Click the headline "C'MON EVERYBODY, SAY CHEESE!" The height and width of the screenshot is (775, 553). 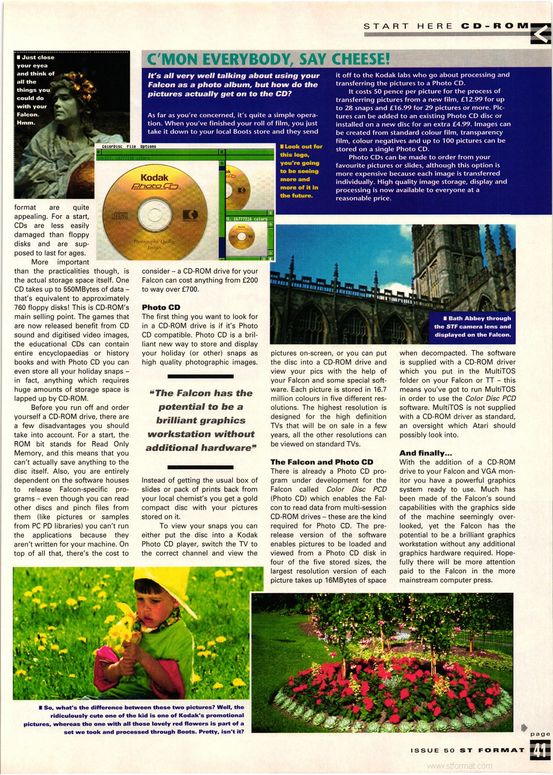pyautogui.click(x=268, y=59)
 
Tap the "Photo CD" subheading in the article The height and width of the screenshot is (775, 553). pyautogui.click(x=161, y=307)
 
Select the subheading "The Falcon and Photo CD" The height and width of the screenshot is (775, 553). pyautogui.click(x=321, y=462)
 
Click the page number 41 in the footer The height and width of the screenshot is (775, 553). pyautogui.click(x=540, y=750)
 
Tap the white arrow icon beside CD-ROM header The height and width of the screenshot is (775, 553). pyautogui.click(x=541, y=34)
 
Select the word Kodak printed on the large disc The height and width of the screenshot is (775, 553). pyautogui.click(x=154, y=177)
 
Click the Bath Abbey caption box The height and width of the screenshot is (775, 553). pyautogui.click(x=472, y=327)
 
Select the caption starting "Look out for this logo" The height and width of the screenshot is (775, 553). pyautogui.click(x=300, y=171)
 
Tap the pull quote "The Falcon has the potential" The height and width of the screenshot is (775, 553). pyautogui.click(x=200, y=420)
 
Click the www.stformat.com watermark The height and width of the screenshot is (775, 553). pyautogui.click(x=460, y=766)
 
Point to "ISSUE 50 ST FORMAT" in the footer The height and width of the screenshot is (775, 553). pyautogui.click(x=467, y=750)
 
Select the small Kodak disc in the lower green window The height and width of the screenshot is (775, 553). pyautogui.click(x=241, y=238)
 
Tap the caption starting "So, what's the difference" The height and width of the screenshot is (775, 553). pyautogui.click(x=134, y=719)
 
